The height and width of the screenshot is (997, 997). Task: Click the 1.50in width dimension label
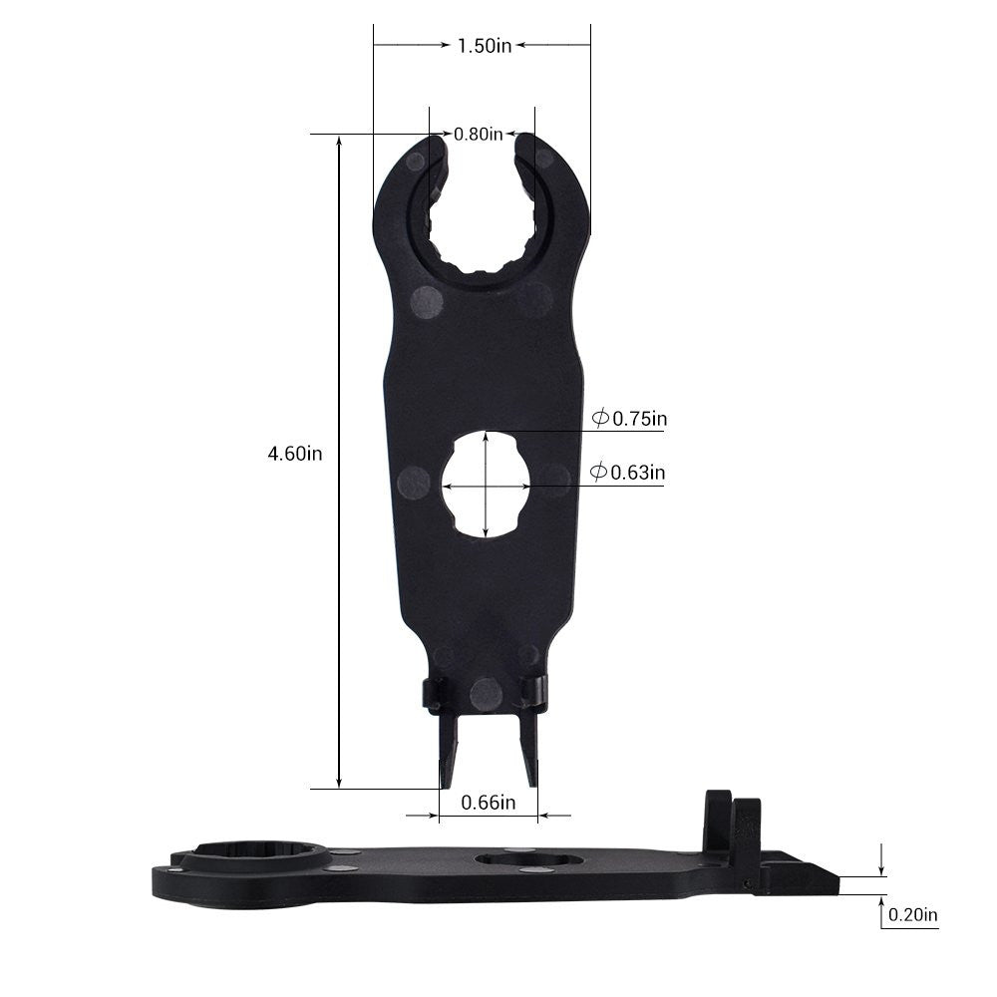pos(484,46)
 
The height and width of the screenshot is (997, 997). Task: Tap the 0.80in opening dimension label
pos(479,135)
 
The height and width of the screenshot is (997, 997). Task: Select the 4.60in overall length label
pos(294,454)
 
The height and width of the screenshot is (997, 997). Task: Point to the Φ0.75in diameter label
pos(629,420)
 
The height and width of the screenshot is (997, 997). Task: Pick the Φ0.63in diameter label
pos(627,473)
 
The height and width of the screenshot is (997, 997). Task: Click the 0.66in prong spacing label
pos(489,802)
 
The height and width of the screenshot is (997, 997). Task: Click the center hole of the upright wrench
pos(486,486)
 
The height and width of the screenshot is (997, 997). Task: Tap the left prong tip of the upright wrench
pos(445,778)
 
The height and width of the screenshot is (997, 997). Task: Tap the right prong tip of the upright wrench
pos(530,778)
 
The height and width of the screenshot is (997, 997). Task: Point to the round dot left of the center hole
pos(413,483)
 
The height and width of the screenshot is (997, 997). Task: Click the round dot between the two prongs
pos(486,693)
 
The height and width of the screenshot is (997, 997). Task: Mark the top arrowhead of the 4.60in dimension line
pos(340,141)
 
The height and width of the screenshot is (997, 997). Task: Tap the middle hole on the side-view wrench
pos(528,859)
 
